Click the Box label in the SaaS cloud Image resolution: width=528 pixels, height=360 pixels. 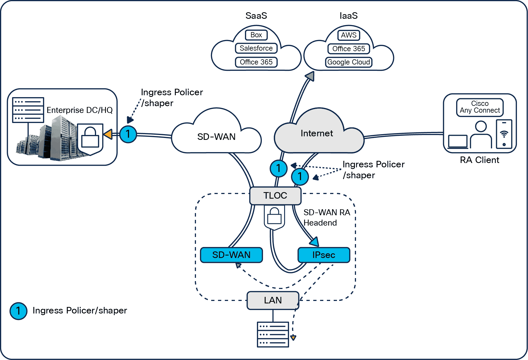point(256,35)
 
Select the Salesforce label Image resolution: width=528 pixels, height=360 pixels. point(256,48)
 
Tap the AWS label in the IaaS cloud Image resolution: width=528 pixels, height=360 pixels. point(349,35)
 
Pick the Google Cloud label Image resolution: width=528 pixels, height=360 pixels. point(349,62)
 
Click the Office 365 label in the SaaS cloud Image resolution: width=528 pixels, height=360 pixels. point(256,62)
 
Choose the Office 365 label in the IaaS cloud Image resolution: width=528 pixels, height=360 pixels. point(349,49)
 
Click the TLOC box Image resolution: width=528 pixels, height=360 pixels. point(275,195)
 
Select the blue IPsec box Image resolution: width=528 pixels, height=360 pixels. point(324,255)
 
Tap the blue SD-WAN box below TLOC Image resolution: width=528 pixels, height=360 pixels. point(231,255)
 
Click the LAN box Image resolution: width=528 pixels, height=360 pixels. point(273,300)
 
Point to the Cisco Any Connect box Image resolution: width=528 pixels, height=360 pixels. point(480,107)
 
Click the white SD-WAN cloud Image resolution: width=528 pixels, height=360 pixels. point(216,137)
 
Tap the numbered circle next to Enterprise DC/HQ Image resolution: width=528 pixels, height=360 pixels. point(128,134)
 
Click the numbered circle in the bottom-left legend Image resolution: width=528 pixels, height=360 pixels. point(18,311)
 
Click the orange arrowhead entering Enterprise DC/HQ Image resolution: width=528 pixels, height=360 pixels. point(109,134)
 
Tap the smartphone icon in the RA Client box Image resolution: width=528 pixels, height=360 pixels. point(504,134)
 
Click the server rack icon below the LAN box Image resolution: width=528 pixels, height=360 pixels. point(273,334)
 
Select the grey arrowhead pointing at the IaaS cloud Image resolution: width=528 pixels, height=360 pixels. point(310,76)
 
